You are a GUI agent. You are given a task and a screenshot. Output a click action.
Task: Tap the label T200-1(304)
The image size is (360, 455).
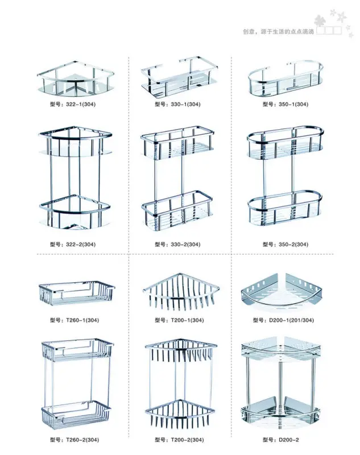pyautogui.click(x=179, y=320)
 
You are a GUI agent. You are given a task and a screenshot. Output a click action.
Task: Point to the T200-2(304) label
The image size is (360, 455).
pyautogui.click(x=179, y=440)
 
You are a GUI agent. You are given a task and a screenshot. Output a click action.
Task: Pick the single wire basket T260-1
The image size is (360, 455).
pyautogui.click(x=76, y=292)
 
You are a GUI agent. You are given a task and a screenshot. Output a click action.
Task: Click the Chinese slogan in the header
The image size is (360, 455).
pyautogui.click(x=279, y=31)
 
